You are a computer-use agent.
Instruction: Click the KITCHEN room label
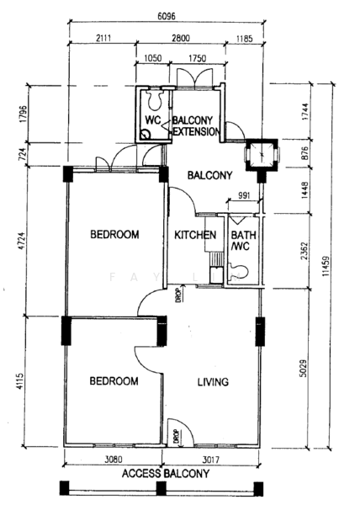pos(195,235)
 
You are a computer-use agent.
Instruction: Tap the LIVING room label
pos(213,382)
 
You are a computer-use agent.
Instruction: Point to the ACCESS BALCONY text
pos(165,474)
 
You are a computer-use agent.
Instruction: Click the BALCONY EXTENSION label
pos(197,126)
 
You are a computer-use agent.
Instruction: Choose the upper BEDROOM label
pos(114,234)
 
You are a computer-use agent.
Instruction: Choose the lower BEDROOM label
pos(114,381)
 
